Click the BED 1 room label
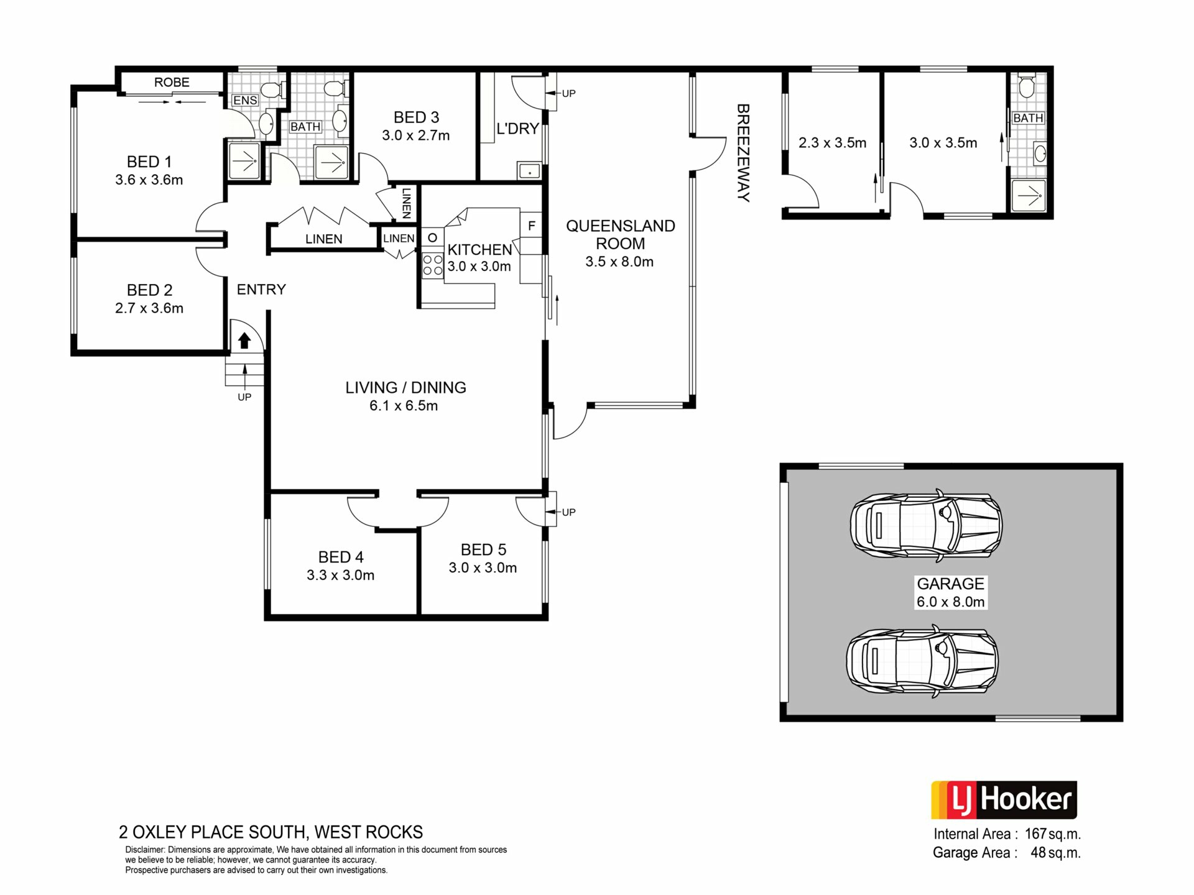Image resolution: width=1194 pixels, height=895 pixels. pyautogui.click(x=149, y=162)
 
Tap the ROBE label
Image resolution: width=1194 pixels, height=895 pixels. pyautogui.click(x=172, y=82)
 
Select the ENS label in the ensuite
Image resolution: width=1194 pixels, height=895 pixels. pyautogui.click(x=245, y=100)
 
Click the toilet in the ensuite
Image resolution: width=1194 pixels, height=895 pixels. pyautogui.click(x=271, y=90)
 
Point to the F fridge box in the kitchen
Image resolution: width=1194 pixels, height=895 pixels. pyautogui.click(x=531, y=225)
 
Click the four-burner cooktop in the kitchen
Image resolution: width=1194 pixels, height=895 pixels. pyautogui.click(x=433, y=265)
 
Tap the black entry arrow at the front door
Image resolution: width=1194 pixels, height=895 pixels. pyautogui.click(x=244, y=341)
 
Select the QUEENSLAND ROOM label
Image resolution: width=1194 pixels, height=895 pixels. pyautogui.click(x=620, y=234)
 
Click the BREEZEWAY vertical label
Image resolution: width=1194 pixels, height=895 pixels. pyautogui.click(x=743, y=153)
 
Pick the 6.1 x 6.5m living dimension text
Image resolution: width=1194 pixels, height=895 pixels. pyautogui.click(x=404, y=406)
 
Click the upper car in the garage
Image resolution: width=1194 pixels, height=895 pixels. pyautogui.click(x=926, y=524)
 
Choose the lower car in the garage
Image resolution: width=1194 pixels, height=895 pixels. pyautogui.click(x=922, y=661)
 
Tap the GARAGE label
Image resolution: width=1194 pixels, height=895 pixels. pyautogui.click(x=950, y=584)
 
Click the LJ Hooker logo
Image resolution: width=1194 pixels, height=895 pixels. pyautogui.click(x=1004, y=800)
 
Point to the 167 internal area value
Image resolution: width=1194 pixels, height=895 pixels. pyautogui.click(x=1036, y=834)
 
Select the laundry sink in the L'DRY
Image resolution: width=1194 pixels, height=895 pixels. pyautogui.click(x=529, y=170)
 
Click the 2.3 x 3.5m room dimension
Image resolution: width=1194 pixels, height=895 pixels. pyautogui.click(x=832, y=143)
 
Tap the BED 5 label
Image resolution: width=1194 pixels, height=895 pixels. pyautogui.click(x=483, y=549)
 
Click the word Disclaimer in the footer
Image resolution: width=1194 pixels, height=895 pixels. pyautogui.click(x=146, y=850)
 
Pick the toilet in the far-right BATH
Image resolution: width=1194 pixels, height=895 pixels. pyautogui.click(x=1027, y=86)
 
